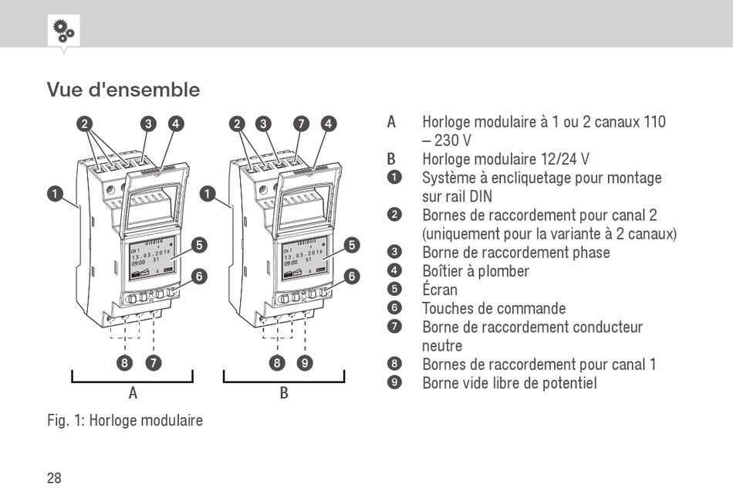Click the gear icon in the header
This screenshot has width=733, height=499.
click(62, 31)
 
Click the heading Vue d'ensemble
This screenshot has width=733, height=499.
click(123, 90)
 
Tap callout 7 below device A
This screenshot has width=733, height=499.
click(154, 362)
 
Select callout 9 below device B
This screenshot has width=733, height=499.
click(306, 362)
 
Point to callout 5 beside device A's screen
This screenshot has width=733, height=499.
click(200, 246)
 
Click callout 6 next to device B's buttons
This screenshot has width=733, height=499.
click(352, 276)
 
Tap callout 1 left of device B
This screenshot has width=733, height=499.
click(207, 194)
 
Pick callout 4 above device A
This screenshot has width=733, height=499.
click(176, 124)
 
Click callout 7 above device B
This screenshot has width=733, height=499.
click(302, 124)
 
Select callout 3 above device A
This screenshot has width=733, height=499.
click(149, 124)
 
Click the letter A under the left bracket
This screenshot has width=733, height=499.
click(133, 392)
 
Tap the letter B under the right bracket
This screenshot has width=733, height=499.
click(284, 392)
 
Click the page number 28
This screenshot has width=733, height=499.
click(54, 478)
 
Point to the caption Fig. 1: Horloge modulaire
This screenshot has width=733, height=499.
click(125, 421)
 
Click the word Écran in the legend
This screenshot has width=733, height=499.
click(440, 290)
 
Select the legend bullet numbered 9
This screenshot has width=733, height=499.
click(395, 383)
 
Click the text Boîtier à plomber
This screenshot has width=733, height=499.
click(475, 271)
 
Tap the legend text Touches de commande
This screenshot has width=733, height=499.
click(494, 308)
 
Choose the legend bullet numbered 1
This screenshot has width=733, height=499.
click(395, 178)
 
